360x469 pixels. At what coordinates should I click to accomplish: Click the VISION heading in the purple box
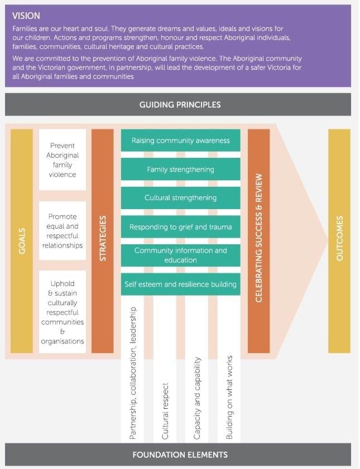point(26,16)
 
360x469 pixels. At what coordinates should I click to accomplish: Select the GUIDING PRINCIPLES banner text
point(180,104)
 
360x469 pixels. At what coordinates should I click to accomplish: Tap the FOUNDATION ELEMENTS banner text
point(180,455)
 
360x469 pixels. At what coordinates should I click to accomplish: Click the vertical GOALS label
point(22,241)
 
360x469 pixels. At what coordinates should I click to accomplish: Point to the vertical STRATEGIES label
point(102,241)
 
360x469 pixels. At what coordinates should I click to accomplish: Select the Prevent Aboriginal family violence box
point(63,160)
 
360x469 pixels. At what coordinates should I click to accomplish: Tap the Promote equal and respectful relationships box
point(63,230)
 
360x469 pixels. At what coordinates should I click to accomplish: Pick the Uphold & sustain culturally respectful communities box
point(63,312)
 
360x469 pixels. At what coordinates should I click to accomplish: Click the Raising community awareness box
point(180,141)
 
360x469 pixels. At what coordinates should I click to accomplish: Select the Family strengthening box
point(180,169)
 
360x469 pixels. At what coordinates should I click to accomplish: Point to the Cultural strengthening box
point(180,197)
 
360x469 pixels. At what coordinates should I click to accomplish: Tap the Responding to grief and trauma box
point(180,227)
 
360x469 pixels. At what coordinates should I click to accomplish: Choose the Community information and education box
point(180,255)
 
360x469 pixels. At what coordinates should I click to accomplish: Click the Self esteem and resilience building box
point(180,284)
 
